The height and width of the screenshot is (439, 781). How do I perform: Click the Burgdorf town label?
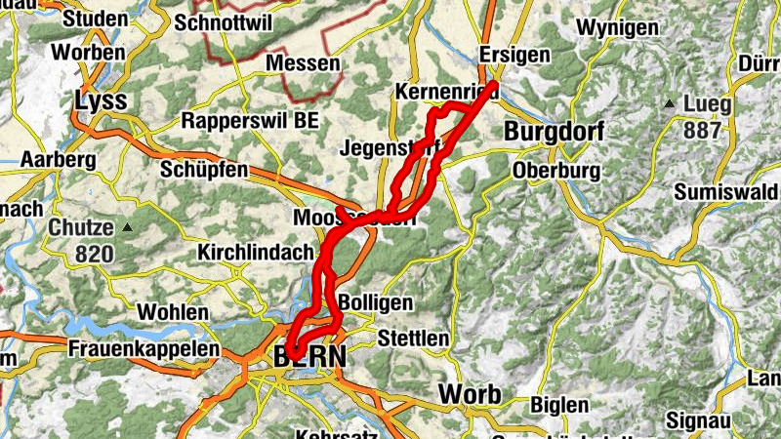tap(555, 131)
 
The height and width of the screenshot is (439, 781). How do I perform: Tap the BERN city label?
tap(310, 358)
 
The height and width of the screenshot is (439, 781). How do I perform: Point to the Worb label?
tap(471, 394)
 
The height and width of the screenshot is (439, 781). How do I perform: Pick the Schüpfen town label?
tap(208, 170)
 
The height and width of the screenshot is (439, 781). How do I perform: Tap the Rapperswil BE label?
tap(250, 123)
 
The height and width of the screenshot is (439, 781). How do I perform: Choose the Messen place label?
tap(304, 63)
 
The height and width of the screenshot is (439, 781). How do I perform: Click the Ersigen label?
tap(515, 56)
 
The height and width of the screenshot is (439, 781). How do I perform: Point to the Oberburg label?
tap(555, 170)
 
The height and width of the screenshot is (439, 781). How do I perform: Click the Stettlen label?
tap(413, 339)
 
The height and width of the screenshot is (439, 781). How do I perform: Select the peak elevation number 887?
tap(704, 131)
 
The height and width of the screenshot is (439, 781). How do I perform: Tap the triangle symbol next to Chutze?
tap(127, 228)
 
